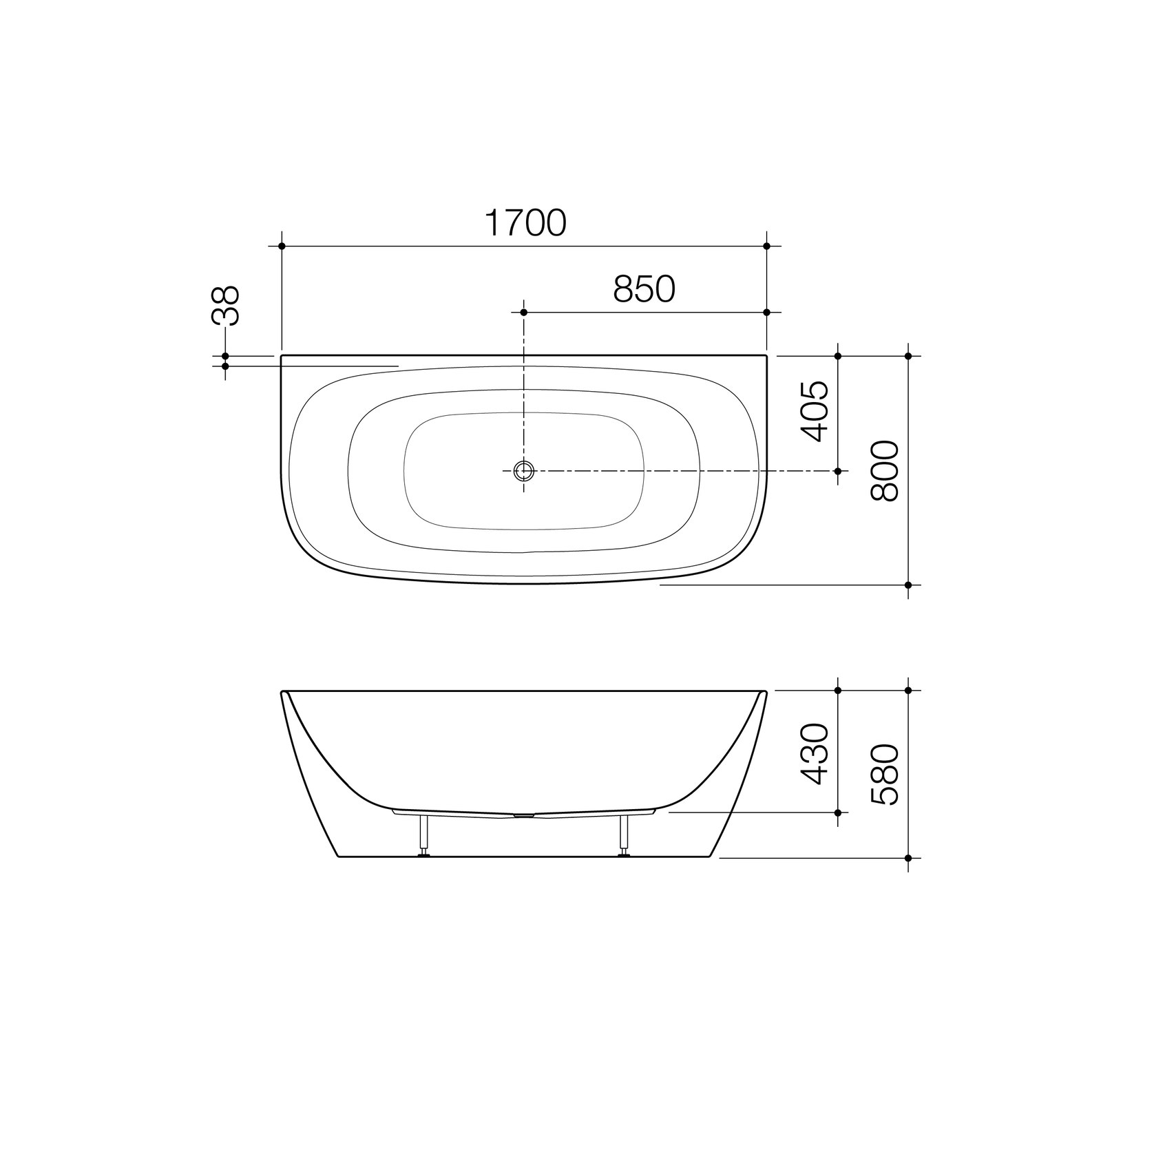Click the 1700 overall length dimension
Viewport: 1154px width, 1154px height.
pos(526,222)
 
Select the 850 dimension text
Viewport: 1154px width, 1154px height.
pos(644,289)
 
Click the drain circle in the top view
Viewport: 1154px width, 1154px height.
pos(524,471)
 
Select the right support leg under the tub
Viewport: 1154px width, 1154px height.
pos(625,835)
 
